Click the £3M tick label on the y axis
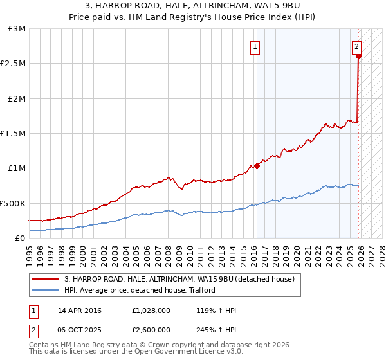(17, 29)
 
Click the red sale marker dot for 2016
(257, 166)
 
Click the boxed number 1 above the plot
(255, 46)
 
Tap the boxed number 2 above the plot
(356, 46)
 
